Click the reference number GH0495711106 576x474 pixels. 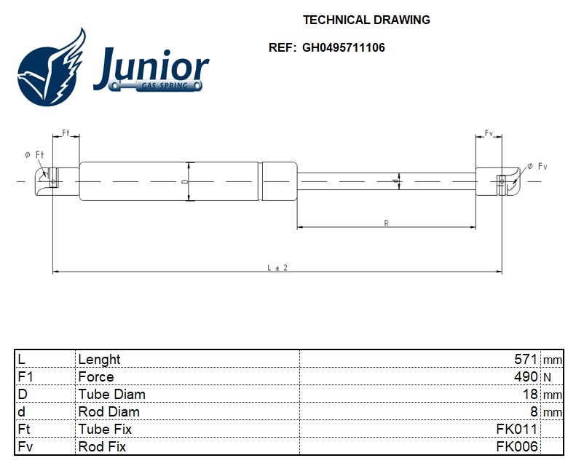point(344,48)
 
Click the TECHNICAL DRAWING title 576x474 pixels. point(366,20)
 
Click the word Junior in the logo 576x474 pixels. point(151,68)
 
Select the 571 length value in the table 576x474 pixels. point(526,359)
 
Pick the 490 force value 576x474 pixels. point(526,376)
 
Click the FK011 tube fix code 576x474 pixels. point(517,429)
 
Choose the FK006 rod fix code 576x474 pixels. point(517,446)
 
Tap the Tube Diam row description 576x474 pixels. point(111,394)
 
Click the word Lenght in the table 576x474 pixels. point(99,360)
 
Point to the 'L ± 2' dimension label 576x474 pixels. point(277,267)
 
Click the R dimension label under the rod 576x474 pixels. point(386,223)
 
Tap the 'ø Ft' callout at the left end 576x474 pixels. point(34,154)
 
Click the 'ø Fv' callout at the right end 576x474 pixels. point(537,167)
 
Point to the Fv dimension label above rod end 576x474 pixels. point(489,133)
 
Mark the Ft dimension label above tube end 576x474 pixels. point(66,133)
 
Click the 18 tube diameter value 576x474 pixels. point(530,394)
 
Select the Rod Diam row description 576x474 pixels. point(109,411)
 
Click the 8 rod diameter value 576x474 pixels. point(534,411)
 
